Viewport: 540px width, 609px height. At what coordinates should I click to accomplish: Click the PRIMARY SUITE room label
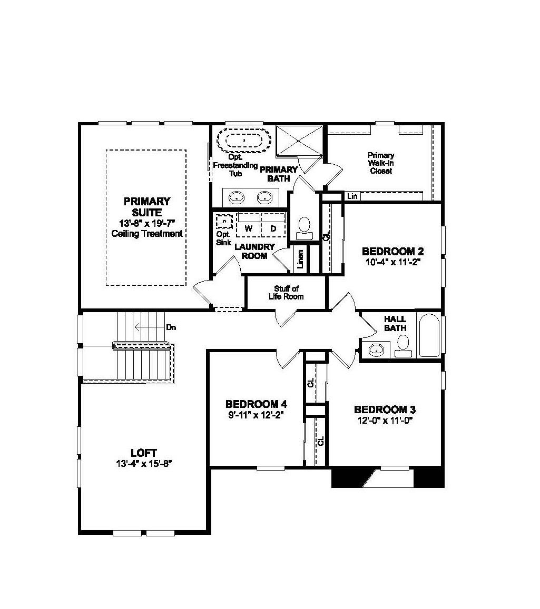tap(147, 206)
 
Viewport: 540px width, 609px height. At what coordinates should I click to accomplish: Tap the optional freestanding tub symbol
tap(244, 141)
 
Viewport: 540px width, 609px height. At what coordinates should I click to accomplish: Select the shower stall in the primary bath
tap(299, 141)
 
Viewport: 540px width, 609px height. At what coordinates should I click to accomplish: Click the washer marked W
tap(248, 228)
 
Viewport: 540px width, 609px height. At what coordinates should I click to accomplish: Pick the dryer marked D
tap(273, 228)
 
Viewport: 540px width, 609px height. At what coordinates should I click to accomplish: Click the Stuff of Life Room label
tap(289, 293)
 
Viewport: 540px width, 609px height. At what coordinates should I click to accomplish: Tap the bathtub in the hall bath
tap(429, 336)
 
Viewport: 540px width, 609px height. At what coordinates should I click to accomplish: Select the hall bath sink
tap(376, 350)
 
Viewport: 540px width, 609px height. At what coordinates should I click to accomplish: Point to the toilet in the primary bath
tap(304, 226)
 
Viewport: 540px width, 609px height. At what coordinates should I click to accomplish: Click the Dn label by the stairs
tap(171, 327)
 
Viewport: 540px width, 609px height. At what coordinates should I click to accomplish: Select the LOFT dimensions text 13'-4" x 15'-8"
tap(144, 463)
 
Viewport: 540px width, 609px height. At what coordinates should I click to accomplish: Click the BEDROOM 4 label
tap(256, 404)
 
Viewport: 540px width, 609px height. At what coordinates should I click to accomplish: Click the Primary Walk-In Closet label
tap(381, 163)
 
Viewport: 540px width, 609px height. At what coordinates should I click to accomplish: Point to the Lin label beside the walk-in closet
tap(352, 196)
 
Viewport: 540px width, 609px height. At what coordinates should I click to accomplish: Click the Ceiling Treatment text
tap(147, 233)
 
